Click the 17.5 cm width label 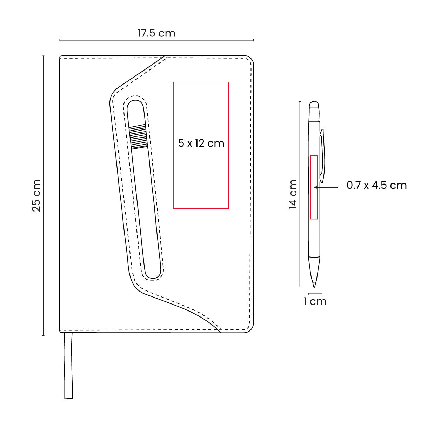(156, 33)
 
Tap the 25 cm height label (36, 195)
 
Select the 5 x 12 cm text (201, 143)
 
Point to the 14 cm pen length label (293, 194)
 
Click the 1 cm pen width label (315, 301)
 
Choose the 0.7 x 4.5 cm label (376, 185)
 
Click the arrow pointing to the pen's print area (326, 187)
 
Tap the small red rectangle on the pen (314, 187)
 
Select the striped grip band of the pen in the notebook (138, 137)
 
